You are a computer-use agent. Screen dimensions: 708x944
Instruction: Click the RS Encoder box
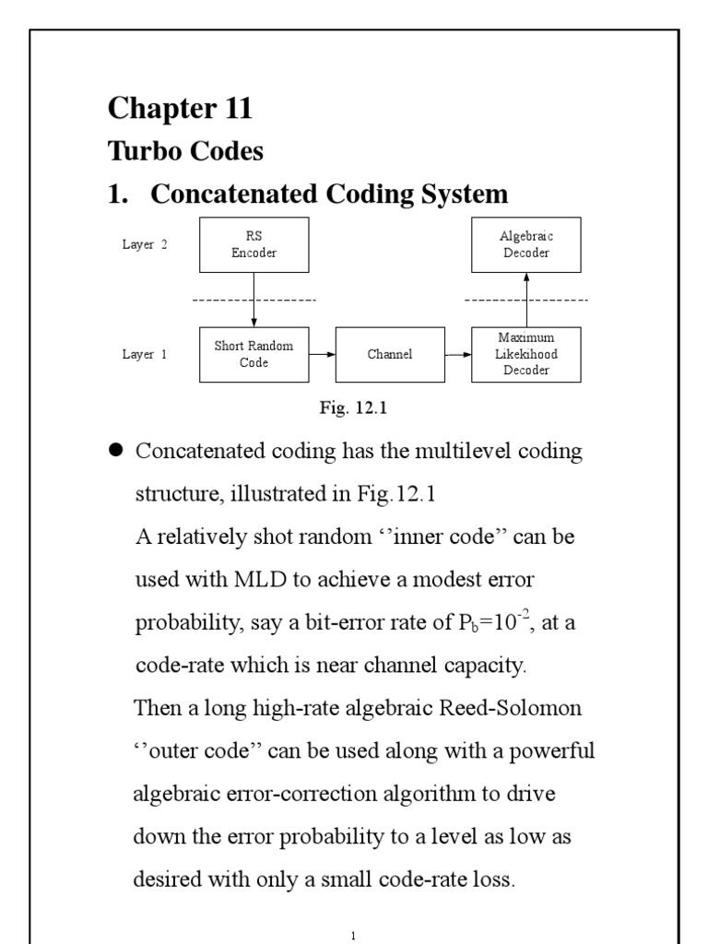[254, 245]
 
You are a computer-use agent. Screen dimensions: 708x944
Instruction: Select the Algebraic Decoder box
[526, 245]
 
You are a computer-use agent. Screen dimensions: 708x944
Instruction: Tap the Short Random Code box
[254, 354]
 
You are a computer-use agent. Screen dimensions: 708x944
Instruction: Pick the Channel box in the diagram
[390, 354]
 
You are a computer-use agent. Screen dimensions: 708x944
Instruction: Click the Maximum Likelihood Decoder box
[526, 354]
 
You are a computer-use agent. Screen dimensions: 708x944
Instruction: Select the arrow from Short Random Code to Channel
[322, 354]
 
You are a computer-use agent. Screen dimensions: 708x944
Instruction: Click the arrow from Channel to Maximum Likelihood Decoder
[458, 354]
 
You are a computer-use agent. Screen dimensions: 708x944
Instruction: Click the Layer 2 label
[145, 245]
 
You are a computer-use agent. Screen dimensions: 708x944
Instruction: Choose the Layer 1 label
[145, 354]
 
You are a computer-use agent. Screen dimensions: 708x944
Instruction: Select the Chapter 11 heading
[180, 109]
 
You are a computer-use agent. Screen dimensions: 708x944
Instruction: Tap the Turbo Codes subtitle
[185, 150]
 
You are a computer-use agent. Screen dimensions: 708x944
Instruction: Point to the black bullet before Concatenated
[116, 451]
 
